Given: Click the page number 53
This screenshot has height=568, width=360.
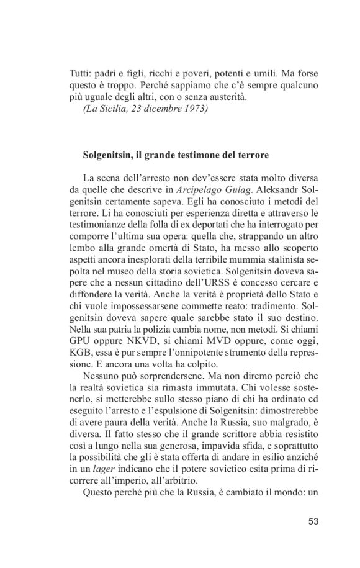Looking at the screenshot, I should coord(313,521).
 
